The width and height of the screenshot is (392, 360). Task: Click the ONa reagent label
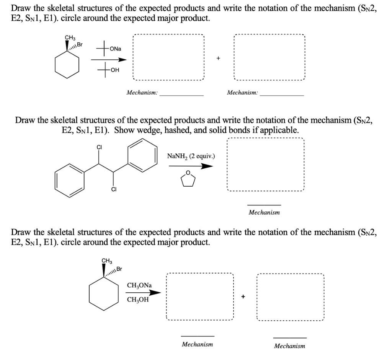[x=115, y=49]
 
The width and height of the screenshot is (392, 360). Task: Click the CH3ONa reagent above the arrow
[x=139, y=285]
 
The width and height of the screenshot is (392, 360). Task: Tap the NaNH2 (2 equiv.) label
[x=191, y=156]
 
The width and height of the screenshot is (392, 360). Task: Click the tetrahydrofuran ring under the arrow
[x=188, y=179]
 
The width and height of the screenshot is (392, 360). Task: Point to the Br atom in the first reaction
[x=80, y=44]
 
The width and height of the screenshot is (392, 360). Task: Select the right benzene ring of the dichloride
[x=142, y=155]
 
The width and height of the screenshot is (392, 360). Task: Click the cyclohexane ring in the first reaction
[x=68, y=64]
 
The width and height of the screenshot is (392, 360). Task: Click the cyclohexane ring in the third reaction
[x=104, y=293]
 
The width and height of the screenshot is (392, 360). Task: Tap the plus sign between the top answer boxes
[x=219, y=58]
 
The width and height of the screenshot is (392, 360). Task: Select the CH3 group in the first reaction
[x=70, y=37]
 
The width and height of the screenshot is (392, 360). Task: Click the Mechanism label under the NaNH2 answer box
[x=264, y=212]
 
